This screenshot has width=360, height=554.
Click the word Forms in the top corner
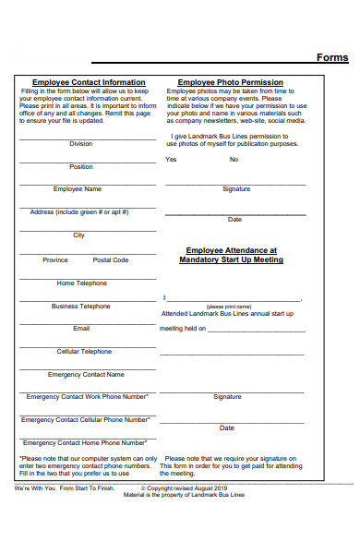pos(332,57)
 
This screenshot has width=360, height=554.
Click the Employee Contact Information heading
pos(89,82)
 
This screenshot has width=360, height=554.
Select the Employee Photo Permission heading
pos(230,82)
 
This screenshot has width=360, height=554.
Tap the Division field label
pos(80,144)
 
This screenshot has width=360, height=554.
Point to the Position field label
pos(81,167)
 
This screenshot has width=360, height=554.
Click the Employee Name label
pos(78,189)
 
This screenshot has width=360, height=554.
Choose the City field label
pos(79,235)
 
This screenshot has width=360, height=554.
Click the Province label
pos(55,260)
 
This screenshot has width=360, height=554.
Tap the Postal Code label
pos(111,260)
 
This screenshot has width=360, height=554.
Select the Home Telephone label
pos(81,283)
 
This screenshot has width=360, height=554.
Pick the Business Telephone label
pos(81,306)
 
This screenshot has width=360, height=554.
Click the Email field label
pos(81,329)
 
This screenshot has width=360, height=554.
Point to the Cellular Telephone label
pos(84,352)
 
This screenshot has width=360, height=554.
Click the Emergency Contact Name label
pos(86,375)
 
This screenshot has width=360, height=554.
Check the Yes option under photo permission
pos(171,160)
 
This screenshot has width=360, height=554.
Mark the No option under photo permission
pos(234,160)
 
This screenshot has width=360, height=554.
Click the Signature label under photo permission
pos(236,189)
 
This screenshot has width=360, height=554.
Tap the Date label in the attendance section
pos(227,428)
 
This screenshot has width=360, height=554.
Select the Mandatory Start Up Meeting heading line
pos(231,260)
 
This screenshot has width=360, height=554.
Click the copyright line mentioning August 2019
pos(188,488)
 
